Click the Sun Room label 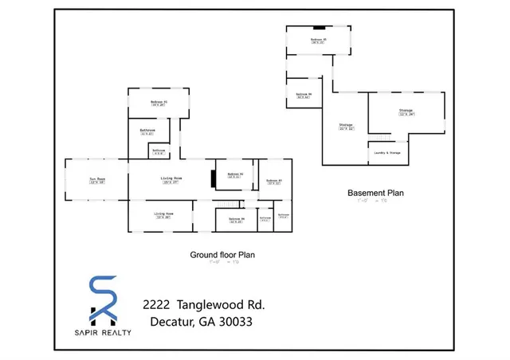(96, 179)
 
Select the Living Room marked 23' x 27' (170, 180)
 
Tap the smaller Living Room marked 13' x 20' (163, 216)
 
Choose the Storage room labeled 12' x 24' (406, 112)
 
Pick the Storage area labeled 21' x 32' (346, 127)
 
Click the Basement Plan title (376, 193)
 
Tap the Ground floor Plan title (222, 255)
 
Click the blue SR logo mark (104, 299)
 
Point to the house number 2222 (156, 305)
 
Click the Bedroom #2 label (234, 175)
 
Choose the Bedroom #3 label (274, 181)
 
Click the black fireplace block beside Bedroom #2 (213, 178)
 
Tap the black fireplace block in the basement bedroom (318, 27)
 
